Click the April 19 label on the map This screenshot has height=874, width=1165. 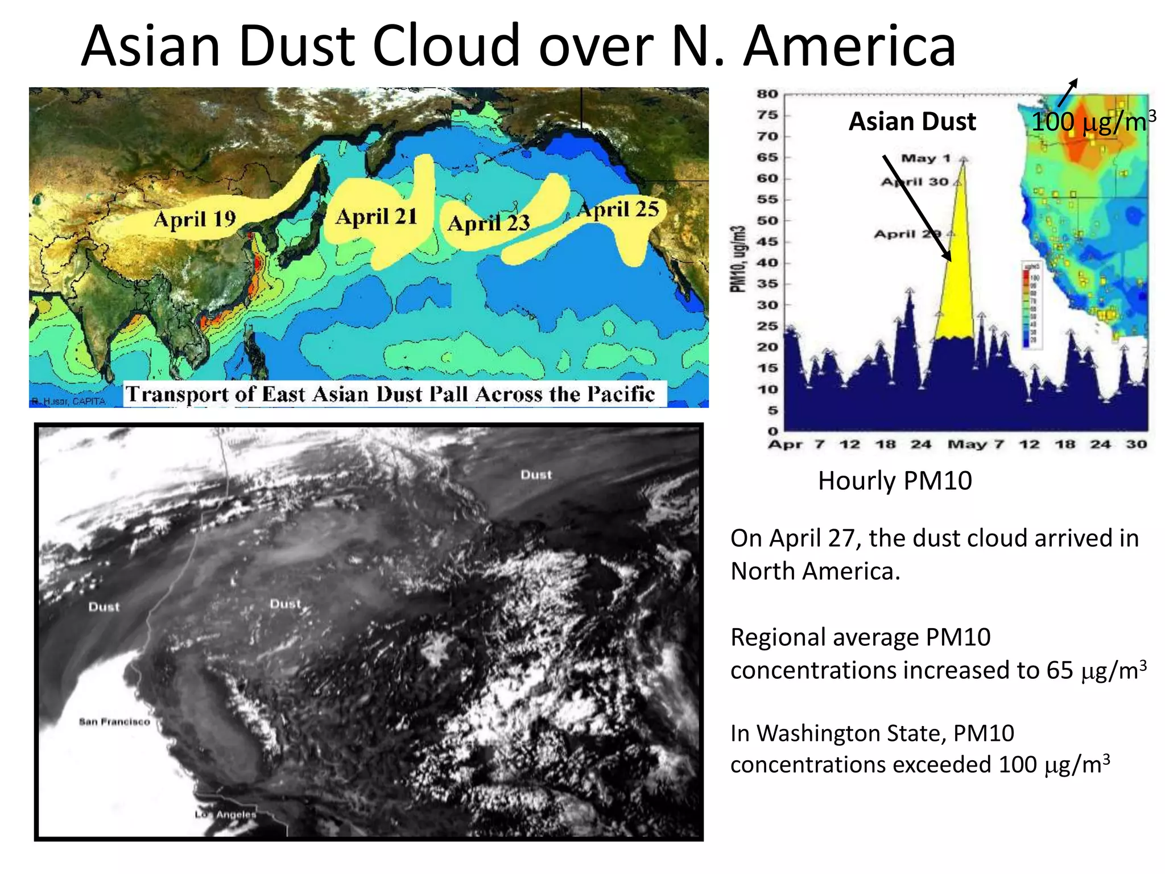[x=195, y=219]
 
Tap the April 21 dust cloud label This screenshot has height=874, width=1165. [x=377, y=217]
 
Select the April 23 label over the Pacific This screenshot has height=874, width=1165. [x=489, y=223]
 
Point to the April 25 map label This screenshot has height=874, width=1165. [x=618, y=209]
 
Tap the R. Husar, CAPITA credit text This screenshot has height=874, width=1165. [x=69, y=401]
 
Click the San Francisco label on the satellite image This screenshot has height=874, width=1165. [x=114, y=722]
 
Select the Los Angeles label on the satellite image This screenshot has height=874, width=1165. [x=226, y=814]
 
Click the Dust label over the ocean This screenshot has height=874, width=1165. [x=104, y=607]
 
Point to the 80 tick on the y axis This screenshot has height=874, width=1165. [x=767, y=94]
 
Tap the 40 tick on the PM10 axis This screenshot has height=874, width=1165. [x=767, y=263]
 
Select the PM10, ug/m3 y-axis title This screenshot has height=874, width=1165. [x=738, y=259]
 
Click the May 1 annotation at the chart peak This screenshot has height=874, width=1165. [x=926, y=158]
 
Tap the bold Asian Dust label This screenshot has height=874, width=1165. [x=912, y=122]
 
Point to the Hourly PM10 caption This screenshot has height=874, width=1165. [x=895, y=481]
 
